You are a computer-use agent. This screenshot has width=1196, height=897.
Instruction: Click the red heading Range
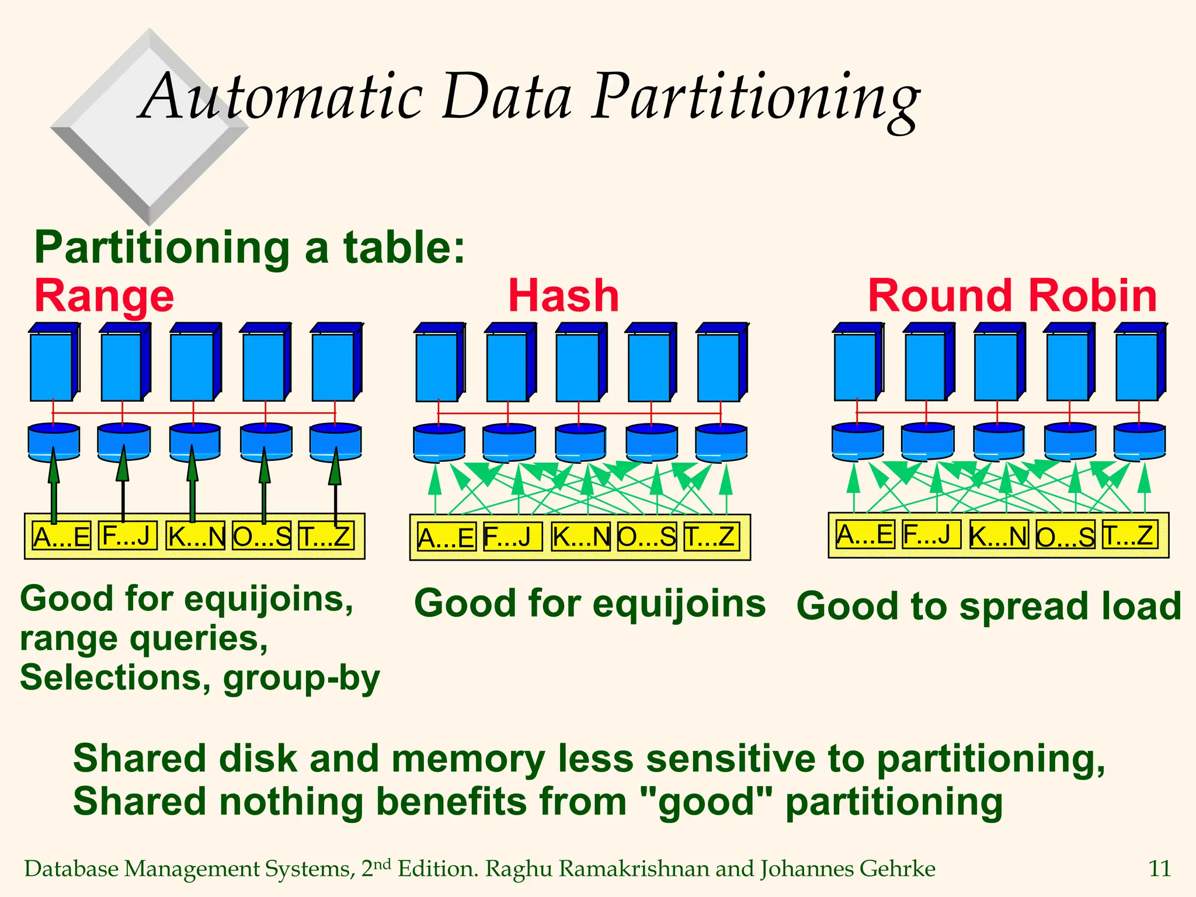104,296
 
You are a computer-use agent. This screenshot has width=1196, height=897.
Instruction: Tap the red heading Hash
564,296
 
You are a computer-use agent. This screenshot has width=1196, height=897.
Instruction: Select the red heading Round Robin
1012,296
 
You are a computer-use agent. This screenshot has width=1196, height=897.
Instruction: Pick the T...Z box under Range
325,536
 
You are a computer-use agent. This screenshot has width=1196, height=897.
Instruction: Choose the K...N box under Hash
580,537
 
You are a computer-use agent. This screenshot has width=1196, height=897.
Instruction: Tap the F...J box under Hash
512,537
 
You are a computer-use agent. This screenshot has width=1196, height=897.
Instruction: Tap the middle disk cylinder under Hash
580,443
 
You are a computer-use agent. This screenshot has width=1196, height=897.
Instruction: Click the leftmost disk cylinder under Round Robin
857,441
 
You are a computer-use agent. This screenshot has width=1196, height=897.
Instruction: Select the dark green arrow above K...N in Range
193,485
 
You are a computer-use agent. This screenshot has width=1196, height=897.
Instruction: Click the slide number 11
1159,869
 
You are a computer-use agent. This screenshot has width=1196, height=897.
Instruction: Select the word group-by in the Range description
301,678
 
